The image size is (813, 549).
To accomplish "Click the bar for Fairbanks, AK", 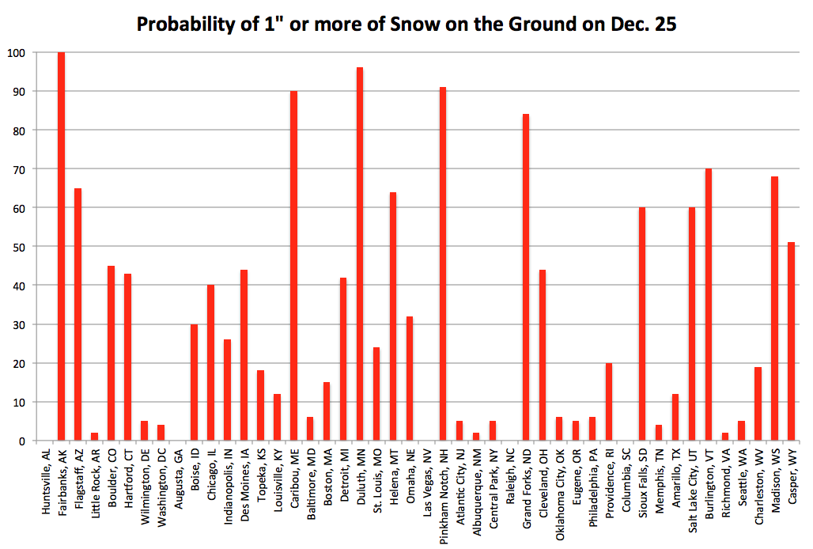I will click(61, 246).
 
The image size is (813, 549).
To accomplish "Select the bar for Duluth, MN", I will click(360, 254).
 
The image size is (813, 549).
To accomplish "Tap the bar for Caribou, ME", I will click(293, 266).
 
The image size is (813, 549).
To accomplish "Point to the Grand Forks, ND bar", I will click(526, 277).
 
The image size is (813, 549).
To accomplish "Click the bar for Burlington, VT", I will click(709, 305).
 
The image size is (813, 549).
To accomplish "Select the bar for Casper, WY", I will click(791, 341).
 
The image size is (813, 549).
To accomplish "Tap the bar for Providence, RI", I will click(609, 401).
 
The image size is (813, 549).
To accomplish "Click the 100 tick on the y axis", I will click(16, 52).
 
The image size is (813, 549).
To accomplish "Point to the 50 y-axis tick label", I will click(18, 247).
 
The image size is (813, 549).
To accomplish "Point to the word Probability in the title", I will click(185, 25).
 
